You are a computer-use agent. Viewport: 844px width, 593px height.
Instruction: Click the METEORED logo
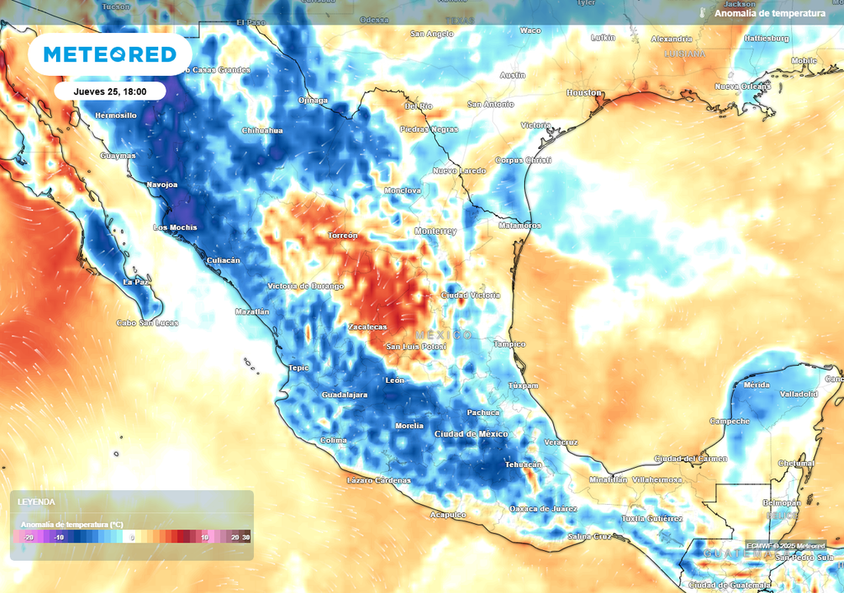[x=110, y=54]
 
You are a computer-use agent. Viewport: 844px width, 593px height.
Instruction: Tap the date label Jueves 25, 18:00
[x=110, y=91]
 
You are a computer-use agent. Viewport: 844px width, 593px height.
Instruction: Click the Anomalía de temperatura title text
[x=769, y=13]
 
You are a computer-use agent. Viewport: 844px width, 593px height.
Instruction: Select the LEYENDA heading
[x=35, y=502]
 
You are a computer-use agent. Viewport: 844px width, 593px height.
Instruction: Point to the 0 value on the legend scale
[x=133, y=537]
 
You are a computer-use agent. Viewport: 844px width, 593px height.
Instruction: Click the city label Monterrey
[x=435, y=231]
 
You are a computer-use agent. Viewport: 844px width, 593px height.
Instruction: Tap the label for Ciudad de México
[x=471, y=434]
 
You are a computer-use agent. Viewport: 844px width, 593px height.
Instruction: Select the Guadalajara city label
[x=344, y=395]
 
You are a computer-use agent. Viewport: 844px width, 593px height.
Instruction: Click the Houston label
[x=584, y=93]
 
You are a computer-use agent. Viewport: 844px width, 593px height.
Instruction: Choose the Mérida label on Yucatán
[x=757, y=385]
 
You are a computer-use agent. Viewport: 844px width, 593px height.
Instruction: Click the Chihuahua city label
[x=262, y=131]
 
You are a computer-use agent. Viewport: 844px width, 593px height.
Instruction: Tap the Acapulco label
[x=448, y=515]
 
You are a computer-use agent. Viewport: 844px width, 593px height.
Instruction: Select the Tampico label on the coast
[x=509, y=344]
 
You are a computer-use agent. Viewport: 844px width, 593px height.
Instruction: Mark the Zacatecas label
[x=367, y=327]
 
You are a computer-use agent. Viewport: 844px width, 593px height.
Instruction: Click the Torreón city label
[x=343, y=236]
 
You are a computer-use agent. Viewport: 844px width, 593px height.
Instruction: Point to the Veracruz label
[x=560, y=442]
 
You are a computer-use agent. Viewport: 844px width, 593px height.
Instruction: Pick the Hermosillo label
[x=115, y=115]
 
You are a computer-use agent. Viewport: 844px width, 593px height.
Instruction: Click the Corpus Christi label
[x=523, y=160]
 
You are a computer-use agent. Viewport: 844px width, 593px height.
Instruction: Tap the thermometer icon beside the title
[x=703, y=13]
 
